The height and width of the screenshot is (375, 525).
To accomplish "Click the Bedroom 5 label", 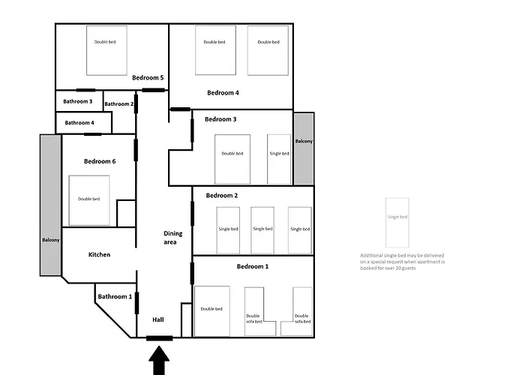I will pos(148,77).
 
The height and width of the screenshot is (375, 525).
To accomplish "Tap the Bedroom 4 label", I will pos(223,93).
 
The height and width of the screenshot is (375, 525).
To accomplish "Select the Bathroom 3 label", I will pos(78,101).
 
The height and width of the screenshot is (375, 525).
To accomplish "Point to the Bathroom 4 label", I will pos(79,122).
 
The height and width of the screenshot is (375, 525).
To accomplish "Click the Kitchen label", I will pos(99,254).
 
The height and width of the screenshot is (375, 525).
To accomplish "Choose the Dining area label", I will pos(173,238).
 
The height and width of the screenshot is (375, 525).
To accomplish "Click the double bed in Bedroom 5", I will pos(105,49).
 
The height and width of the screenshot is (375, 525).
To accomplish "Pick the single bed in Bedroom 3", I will pos(278,159).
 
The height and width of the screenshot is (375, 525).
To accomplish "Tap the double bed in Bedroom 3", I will pos(232,159).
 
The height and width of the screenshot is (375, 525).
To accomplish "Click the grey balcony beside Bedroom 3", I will pos(304,148).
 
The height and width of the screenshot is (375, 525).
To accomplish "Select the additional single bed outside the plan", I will pos(397,223).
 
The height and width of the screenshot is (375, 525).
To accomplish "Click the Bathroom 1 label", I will pos(115,296).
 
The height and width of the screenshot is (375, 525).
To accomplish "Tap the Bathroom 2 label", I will pos(118,104).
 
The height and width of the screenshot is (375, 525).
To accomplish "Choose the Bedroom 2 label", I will pos(221,196).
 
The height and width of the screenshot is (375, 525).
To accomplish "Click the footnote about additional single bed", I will pos(402,262).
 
